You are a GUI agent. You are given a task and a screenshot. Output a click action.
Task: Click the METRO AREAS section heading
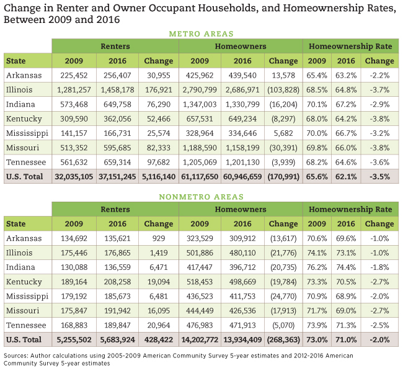[x=201, y=34]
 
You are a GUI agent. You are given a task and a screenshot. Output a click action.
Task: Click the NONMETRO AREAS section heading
[x=201, y=197]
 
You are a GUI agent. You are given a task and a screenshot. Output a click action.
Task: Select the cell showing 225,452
[x=74, y=75]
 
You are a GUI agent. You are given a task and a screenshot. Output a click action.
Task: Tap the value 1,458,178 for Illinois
[x=117, y=90]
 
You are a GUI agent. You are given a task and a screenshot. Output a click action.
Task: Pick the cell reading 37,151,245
[x=117, y=177]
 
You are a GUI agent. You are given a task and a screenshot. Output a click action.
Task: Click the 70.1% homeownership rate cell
[x=317, y=104]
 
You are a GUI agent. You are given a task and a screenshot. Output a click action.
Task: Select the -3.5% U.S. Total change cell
[x=379, y=177]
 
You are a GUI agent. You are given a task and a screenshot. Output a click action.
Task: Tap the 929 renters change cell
[x=159, y=238]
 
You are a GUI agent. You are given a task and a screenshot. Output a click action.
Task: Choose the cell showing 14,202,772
[x=200, y=340]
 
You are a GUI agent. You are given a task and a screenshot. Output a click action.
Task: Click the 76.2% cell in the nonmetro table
[x=317, y=267]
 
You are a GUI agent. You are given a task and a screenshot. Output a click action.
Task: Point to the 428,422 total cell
[x=159, y=340]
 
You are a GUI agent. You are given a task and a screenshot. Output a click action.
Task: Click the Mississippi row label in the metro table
[x=27, y=133]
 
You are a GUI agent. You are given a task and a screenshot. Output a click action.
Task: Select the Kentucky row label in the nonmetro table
[x=24, y=282]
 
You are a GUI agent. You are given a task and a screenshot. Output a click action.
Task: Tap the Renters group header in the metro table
[x=115, y=47]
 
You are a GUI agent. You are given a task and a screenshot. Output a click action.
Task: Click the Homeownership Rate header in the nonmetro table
[x=350, y=209]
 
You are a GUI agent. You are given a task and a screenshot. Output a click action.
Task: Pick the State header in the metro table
[x=16, y=61]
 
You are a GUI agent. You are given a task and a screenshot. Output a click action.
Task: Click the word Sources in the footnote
[x=15, y=356]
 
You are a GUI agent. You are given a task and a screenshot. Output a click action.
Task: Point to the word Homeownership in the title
[x=340, y=8]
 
